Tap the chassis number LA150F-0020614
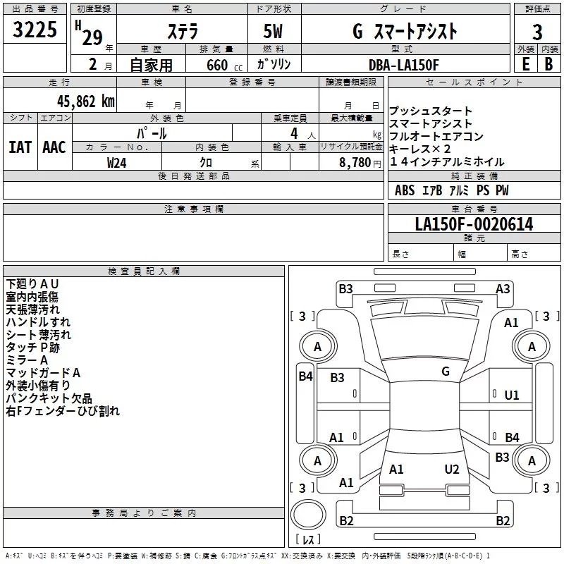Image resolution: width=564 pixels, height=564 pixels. click(x=474, y=225)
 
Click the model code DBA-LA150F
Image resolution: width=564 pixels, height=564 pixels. click(x=404, y=64)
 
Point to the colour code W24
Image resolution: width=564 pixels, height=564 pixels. click(x=117, y=162)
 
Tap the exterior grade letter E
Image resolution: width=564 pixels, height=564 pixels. click(x=525, y=64)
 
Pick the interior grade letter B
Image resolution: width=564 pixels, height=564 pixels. click(x=549, y=64)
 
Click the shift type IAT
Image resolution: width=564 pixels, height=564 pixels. click(x=20, y=147)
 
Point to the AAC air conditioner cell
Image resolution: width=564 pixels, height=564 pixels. click(x=54, y=147)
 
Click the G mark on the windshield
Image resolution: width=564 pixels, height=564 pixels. click(x=445, y=372)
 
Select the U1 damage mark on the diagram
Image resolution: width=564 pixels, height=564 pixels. click(x=511, y=396)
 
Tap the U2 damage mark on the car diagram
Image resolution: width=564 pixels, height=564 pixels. click(x=452, y=469)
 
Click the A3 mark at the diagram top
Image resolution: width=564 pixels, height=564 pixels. click(x=503, y=288)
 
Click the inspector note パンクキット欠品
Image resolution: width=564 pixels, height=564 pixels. click(x=47, y=398)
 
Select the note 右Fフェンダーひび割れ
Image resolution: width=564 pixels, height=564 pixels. click(x=63, y=410)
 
